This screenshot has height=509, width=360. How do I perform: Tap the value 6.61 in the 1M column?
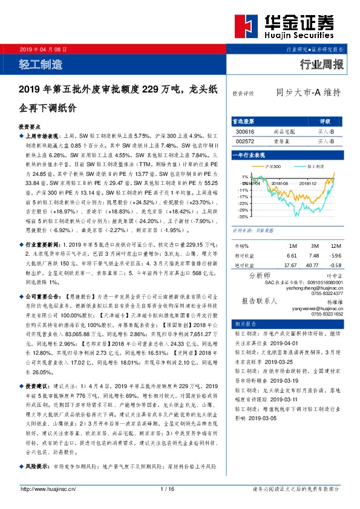pos(291,255)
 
